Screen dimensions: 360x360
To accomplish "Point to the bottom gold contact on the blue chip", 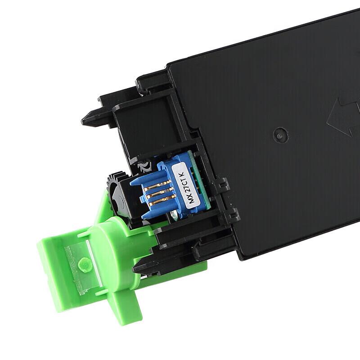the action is (x=163, y=201).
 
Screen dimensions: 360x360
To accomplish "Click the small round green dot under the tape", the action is (x=84, y=264).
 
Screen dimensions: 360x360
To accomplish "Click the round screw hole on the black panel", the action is (x=280, y=135).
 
